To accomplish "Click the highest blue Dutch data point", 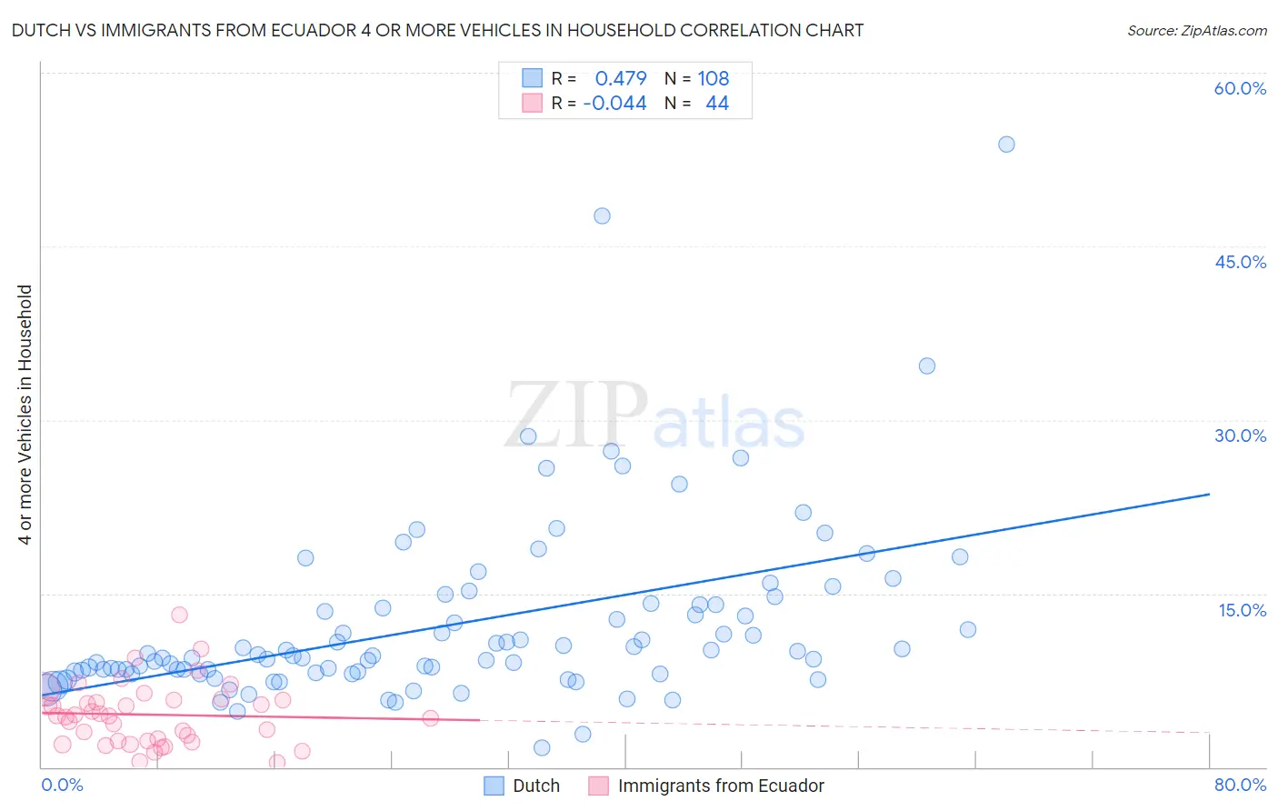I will [1006, 145].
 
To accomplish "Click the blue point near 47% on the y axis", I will [602, 216].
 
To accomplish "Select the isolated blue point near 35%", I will [927, 366].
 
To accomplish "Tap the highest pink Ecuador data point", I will [179, 615].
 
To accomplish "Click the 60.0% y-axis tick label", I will [1240, 88].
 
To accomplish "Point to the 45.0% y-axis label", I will [1240, 262].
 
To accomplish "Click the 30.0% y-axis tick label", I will [1240, 436].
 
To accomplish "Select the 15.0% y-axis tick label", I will [1242, 610].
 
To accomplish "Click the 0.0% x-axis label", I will [62, 786].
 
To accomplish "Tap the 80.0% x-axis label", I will [1240, 786].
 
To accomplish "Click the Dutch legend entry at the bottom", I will [535, 786].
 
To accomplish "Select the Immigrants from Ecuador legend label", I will [720, 786].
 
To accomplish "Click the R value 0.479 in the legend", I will [621, 79].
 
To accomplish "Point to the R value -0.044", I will [614, 104].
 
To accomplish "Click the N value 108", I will [714, 79].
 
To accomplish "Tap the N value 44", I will [717, 104].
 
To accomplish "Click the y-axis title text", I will [25, 415].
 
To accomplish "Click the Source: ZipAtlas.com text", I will [1196, 31].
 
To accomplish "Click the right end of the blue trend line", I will [1209, 494].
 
